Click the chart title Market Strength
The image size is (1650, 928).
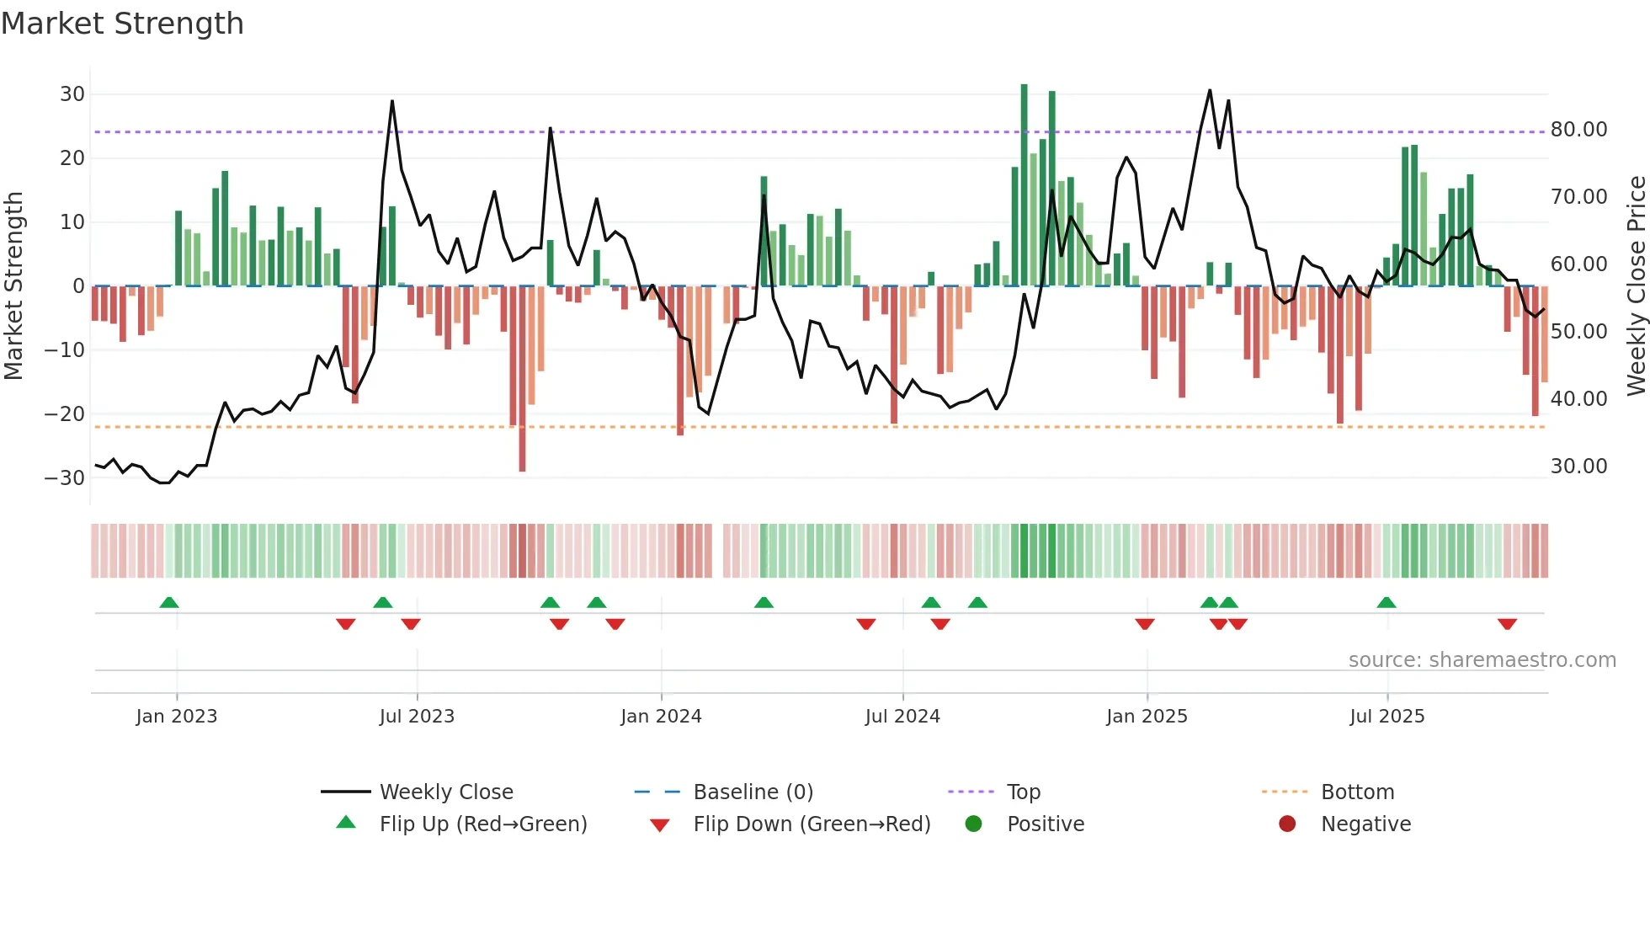coord(122,24)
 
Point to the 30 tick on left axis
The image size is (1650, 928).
coord(72,94)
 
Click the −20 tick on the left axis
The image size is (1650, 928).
coord(65,414)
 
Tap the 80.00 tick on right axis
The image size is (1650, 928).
coord(1578,130)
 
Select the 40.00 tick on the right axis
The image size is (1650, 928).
coord(1578,399)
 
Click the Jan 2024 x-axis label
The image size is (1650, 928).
coord(661,717)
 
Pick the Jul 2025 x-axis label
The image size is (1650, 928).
coord(1387,717)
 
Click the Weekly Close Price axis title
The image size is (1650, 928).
coord(1636,286)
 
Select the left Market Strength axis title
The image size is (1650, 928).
coord(13,286)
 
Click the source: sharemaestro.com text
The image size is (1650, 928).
coord(1482,660)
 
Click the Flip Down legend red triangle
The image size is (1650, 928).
coord(660,825)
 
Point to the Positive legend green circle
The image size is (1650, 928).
coord(973,824)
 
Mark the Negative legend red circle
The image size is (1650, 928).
coord(1287,824)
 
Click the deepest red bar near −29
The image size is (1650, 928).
coord(522,379)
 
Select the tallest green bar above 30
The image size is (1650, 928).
coord(1024,185)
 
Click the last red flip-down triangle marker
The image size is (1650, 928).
coord(1507,624)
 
